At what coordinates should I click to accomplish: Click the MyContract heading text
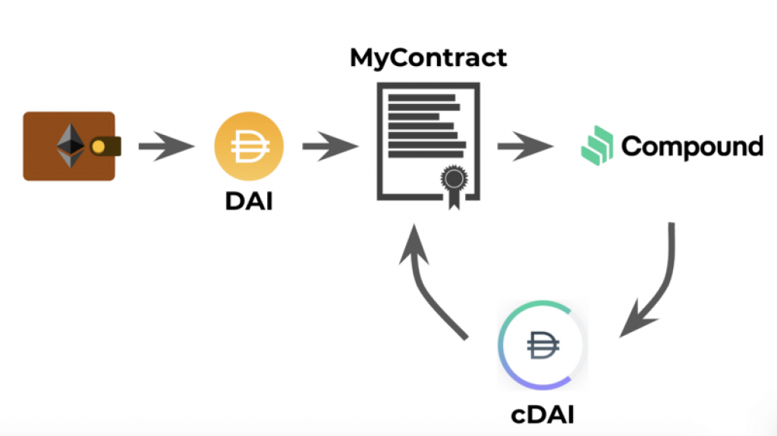pyautogui.click(x=428, y=58)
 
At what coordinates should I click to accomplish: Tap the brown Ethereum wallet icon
pyautogui.click(x=69, y=146)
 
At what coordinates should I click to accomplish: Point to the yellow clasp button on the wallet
pyautogui.click(x=99, y=146)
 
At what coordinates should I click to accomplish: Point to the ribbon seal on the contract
pyautogui.click(x=453, y=182)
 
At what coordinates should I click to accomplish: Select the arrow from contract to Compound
pyautogui.click(x=526, y=146)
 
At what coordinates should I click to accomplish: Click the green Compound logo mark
pyautogui.click(x=597, y=145)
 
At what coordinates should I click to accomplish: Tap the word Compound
pyautogui.click(x=692, y=146)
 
